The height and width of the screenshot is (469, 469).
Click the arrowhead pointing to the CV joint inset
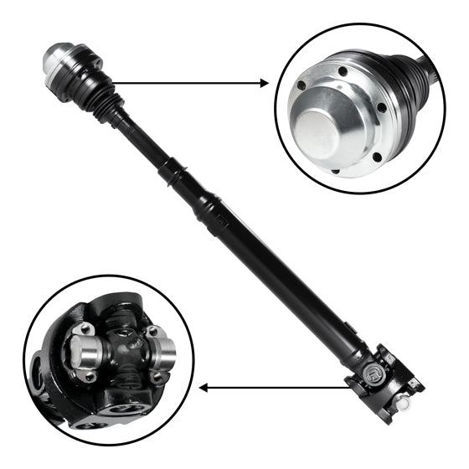[x=264, y=83]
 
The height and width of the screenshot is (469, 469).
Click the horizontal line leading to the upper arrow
[x=184, y=83]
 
